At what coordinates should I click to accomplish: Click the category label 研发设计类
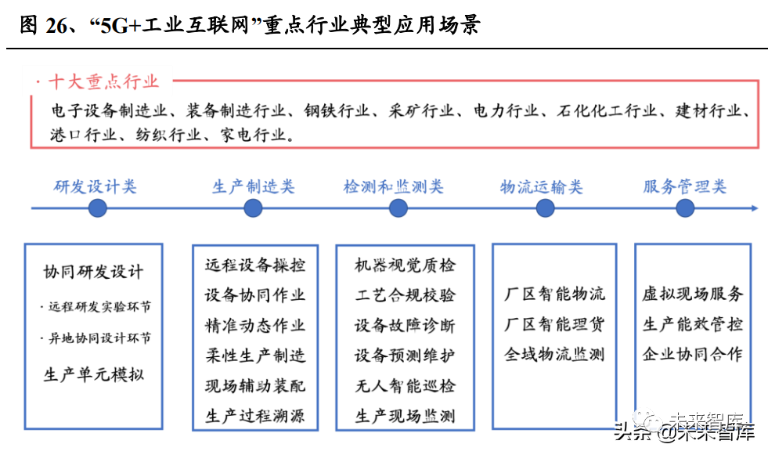pos(95,186)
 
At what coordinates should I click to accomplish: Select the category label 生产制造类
pos(253,186)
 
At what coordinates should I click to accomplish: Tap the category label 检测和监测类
pos(393,186)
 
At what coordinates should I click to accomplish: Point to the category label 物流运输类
pos(541,186)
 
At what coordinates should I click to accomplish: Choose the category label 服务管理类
pos(685,186)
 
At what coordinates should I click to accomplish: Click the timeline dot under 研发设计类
pos(98,208)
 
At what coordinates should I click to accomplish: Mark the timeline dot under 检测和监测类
pos(398,208)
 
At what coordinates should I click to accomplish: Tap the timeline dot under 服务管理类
pos(685,208)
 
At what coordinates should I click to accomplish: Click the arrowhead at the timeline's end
pos(755,208)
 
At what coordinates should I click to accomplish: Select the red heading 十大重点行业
pos(103,81)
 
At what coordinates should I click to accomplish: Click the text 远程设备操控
pos(255,265)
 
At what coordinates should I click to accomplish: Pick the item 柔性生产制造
pos(255,356)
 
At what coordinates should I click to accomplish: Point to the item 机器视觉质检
pos(405,265)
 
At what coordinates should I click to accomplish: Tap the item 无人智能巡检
pos(405,386)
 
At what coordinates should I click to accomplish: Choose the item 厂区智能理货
pos(554,324)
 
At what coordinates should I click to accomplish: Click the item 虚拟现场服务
pos(693,294)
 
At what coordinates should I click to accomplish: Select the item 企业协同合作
pos(693,354)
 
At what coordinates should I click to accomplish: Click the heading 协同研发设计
pos(93,272)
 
